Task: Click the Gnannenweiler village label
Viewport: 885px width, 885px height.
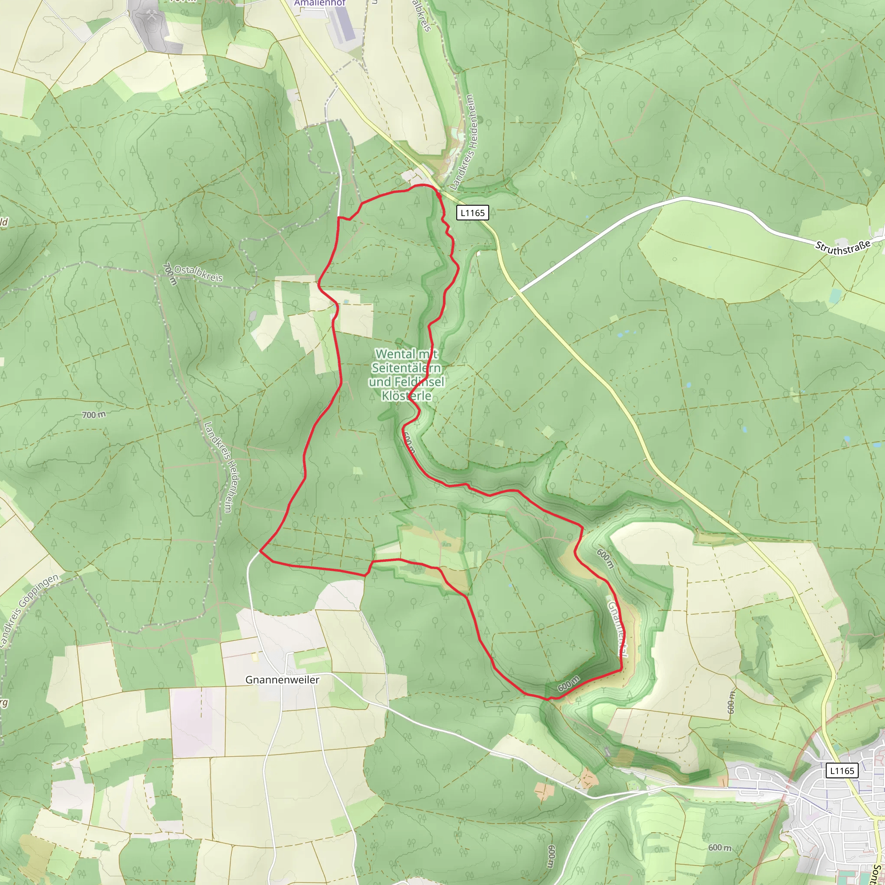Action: pos(282,680)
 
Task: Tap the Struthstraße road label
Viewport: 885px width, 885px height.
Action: pos(843,248)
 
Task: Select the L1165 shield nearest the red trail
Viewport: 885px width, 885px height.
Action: pos(472,213)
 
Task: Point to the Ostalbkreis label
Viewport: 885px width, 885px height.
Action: pos(198,274)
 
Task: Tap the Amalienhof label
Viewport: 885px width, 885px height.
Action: pos(320,3)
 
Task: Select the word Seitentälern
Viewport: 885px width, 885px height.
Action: pos(406,368)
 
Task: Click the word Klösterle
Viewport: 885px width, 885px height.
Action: pos(407,396)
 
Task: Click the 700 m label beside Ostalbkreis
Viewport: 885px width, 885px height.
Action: pos(170,274)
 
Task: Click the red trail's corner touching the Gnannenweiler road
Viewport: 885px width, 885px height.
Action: pos(260,551)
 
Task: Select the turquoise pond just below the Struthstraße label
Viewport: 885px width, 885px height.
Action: pos(834,296)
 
